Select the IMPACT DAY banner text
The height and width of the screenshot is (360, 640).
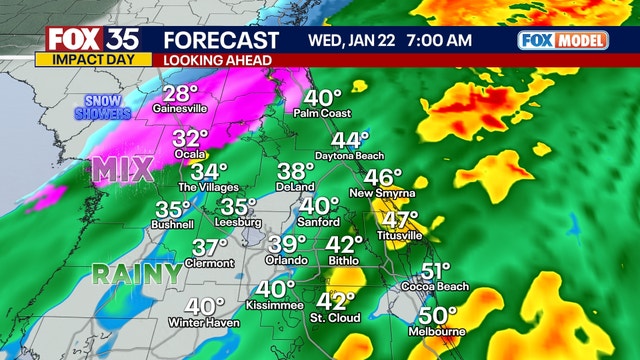tap(87, 59)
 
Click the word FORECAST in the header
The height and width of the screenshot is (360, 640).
tap(220, 40)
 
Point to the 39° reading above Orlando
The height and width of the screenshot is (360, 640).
tap(287, 243)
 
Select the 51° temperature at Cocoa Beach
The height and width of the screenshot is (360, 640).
tap(436, 271)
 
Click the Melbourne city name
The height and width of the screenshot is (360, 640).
tap(437, 331)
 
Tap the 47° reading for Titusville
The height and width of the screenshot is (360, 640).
tap(401, 219)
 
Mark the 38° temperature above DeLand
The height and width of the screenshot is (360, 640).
tap(296, 171)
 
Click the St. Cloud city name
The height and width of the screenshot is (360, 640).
tap(336, 320)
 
